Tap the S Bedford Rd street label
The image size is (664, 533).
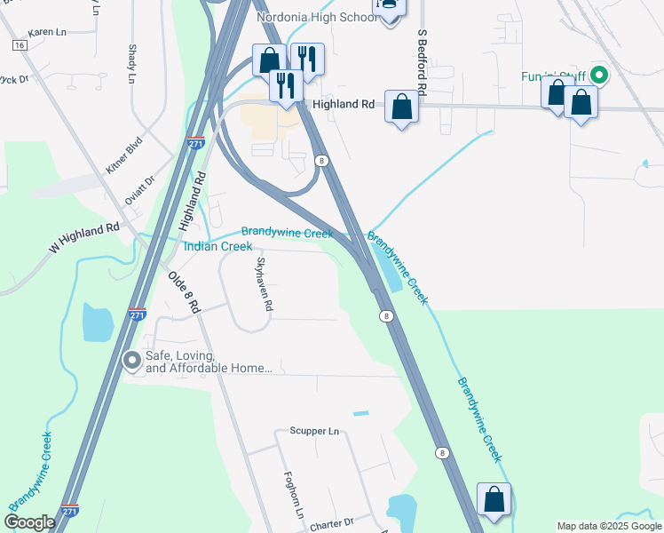pyautogui.click(x=423, y=62)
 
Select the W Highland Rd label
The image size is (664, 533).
pyautogui.click(x=83, y=241)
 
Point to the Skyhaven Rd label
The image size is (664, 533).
pyautogui.click(x=263, y=283)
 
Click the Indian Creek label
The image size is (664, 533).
pyautogui.click(x=217, y=246)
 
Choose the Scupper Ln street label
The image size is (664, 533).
pyautogui.click(x=314, y=432)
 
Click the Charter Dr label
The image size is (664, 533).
pyautogui.click(x=332, y=525)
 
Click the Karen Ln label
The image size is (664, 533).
pyautogui.click(x=47, y=32)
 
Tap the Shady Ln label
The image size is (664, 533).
pyautogui.click(x=132, y=64)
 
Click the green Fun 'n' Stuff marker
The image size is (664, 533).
pyautogui.click(x=599, y=76)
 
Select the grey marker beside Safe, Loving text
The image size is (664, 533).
pyautogui.click(x=132, y=360)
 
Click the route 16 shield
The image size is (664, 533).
pyautogui.click(x=20, y=44)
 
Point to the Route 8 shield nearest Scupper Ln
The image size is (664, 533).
pyautogui.click(x=441, y=453)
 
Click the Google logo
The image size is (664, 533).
pyautogui.click(x=29, y=522)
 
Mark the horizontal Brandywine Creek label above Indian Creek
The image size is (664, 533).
pyautogui.click(x=287, y=233)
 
